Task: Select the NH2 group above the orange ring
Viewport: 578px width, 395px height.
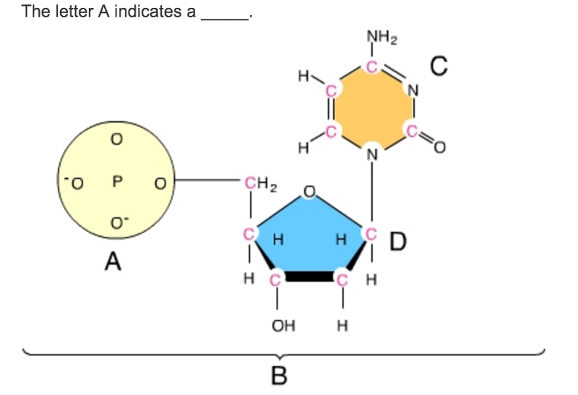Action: tap(376, 35)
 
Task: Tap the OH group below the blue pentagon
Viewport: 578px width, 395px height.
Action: tap(282, 325)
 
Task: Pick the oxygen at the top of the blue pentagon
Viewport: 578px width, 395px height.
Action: tap(309, 191)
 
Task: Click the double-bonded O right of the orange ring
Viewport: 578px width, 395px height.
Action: tap(441, 149)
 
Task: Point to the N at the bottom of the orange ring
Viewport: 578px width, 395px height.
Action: tap(372, 152)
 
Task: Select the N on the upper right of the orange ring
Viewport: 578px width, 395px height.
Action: tap(413, 90)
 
